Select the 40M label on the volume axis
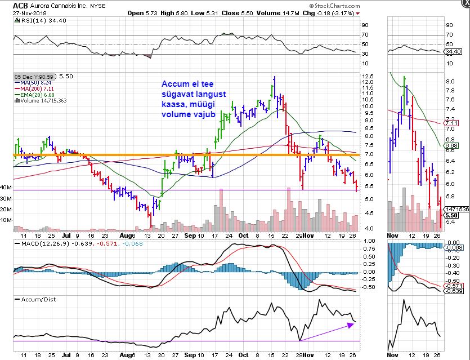pos(6,187)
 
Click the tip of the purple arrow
pos(353,323)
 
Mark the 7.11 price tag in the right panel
pos(451,123)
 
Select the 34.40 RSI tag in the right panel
pos(453,52)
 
